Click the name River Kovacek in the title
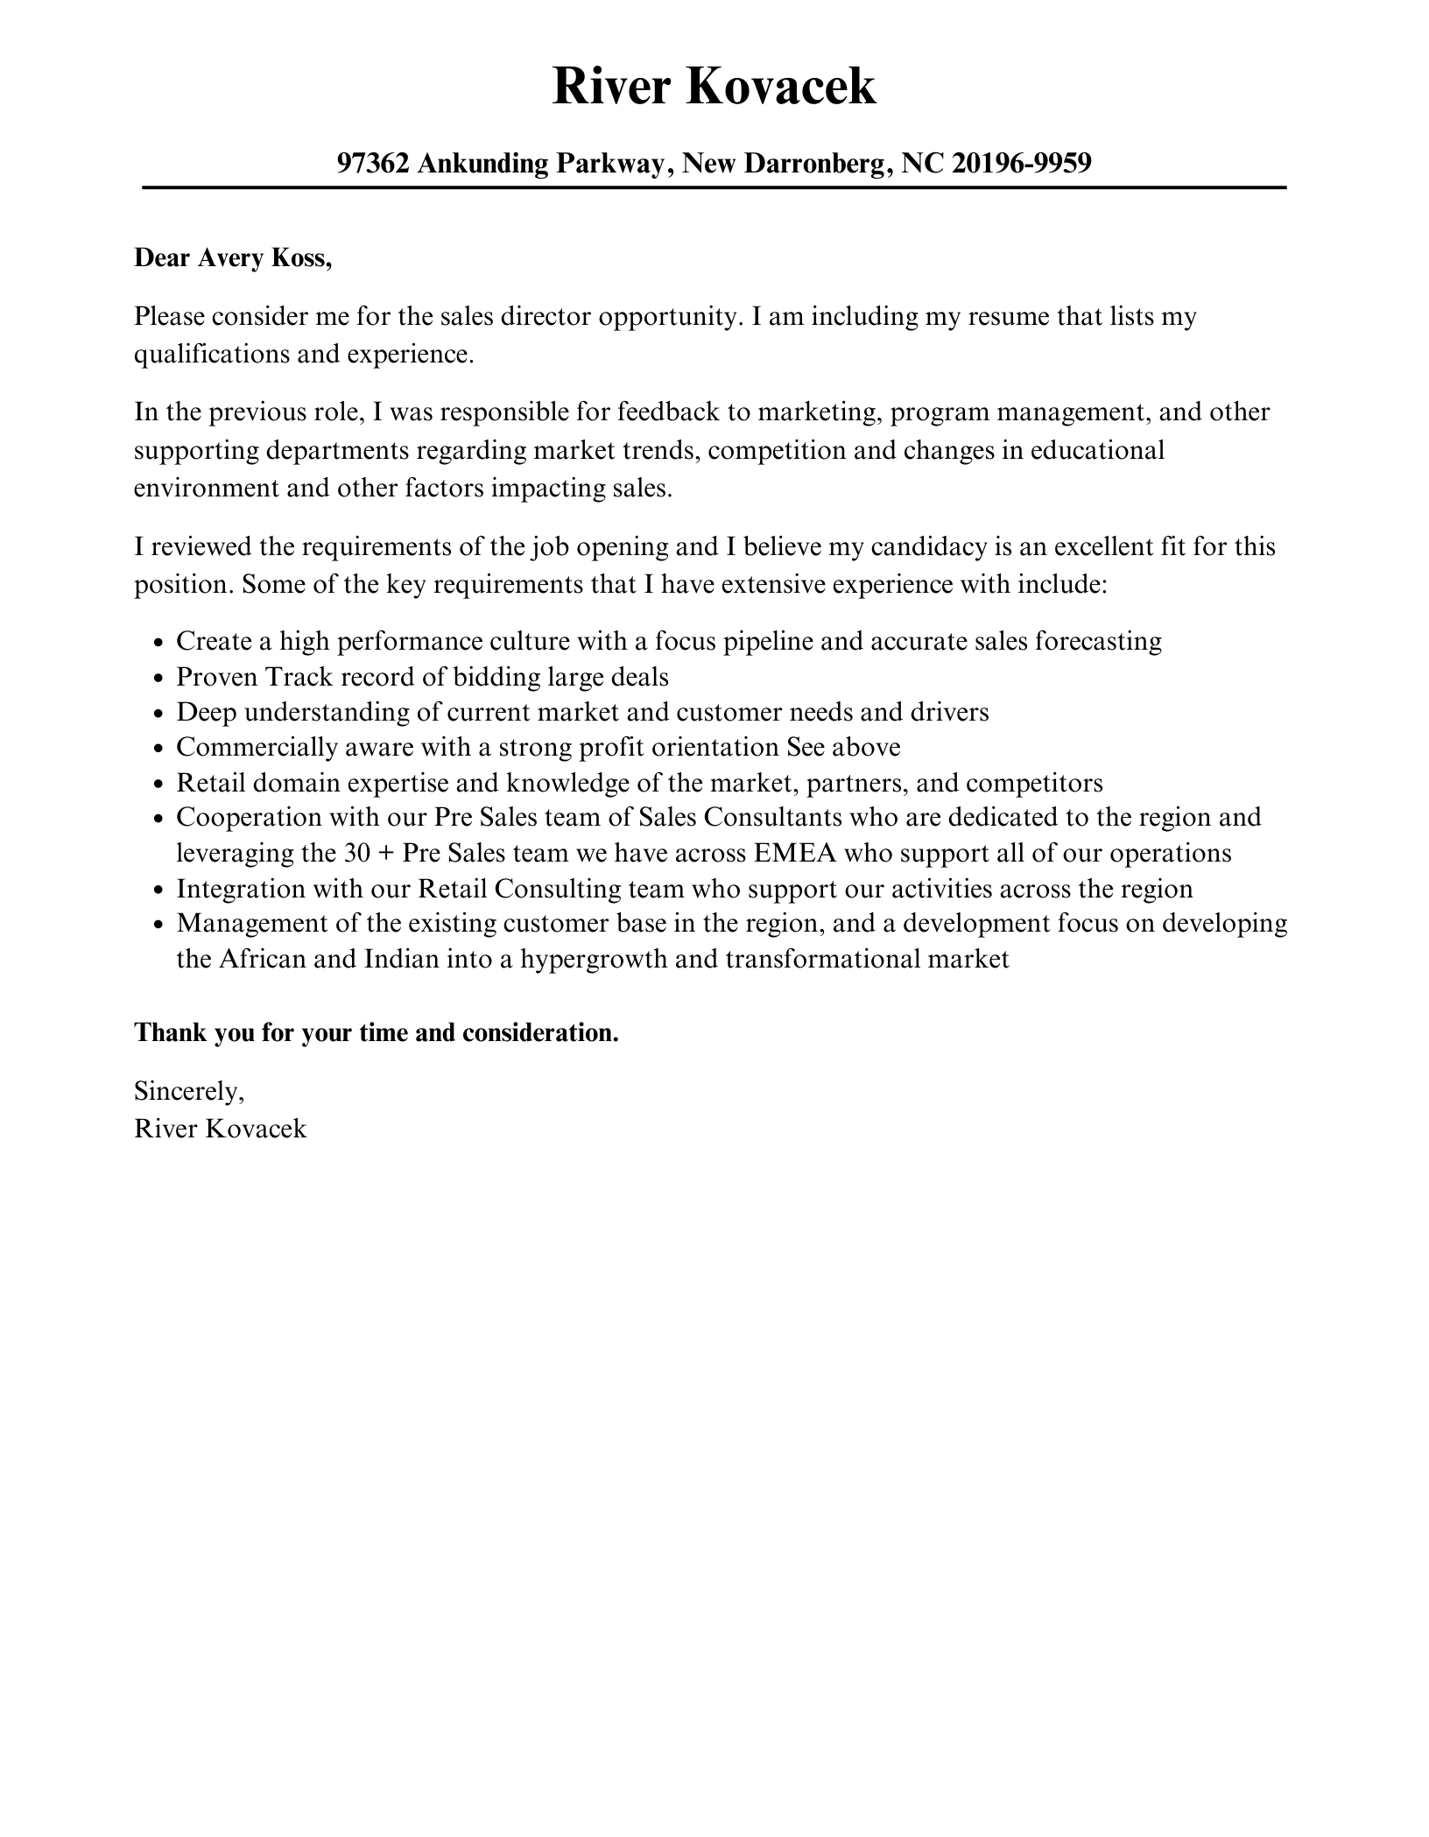714,87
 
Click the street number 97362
373,163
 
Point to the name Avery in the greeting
227,259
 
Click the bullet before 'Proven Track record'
158,679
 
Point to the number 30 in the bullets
360,853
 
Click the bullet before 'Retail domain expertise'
158,785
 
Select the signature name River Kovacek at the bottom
221,1129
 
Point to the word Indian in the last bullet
401,959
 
